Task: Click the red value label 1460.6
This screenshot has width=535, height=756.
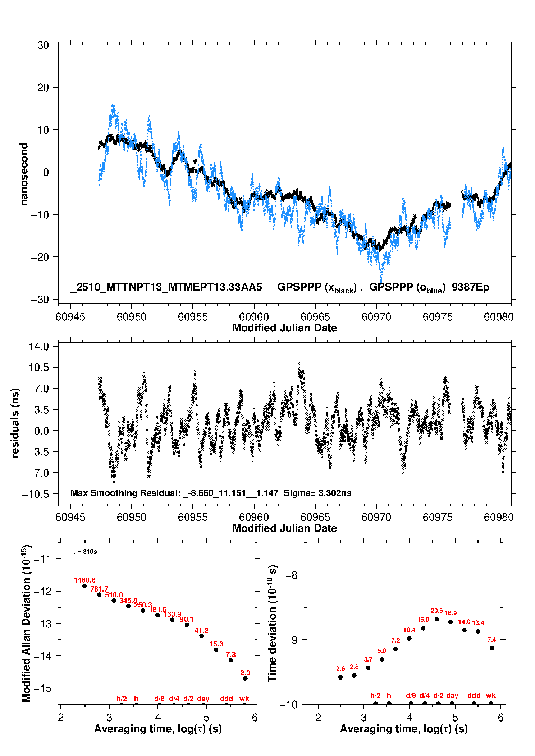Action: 84,580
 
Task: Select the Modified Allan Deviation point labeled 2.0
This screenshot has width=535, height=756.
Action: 245,678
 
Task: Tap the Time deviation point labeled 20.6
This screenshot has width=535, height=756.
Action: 437,619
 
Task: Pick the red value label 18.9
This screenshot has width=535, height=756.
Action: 451,613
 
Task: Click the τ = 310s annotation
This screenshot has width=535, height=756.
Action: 85,552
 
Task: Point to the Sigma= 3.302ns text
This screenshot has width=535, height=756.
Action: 317,493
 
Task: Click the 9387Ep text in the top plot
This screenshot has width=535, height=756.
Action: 470,287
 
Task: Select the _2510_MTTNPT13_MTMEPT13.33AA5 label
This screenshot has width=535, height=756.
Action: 166,287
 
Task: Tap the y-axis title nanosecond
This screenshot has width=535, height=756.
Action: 24,174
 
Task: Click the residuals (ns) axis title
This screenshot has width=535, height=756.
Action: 15,423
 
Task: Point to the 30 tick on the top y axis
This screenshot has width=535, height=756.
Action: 43,45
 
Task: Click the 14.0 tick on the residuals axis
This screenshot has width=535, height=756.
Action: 39,347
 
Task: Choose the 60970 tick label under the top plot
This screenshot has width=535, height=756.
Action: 376,317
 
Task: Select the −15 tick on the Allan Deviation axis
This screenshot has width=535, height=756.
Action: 43,688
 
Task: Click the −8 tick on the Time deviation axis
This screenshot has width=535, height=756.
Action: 292,575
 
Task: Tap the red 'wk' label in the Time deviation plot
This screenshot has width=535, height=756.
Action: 491,695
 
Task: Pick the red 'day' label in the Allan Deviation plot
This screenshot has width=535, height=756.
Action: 203,699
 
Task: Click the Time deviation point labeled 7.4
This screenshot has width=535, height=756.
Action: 492,648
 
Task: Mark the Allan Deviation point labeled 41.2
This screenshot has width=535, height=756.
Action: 201,636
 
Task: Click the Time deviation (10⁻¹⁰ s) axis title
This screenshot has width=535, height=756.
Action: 273,623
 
